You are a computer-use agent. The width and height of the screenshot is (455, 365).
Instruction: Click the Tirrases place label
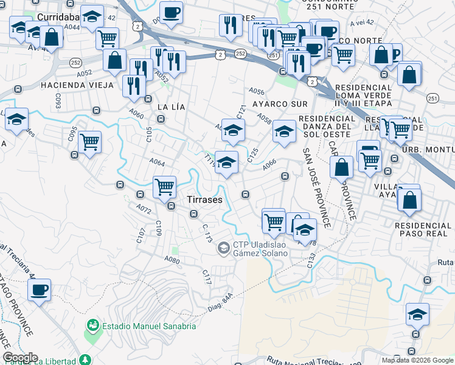pyautogui.click(x=204, y=200)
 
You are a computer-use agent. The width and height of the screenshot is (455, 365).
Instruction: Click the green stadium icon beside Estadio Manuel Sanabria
pyautogui.click(x=93, y=326)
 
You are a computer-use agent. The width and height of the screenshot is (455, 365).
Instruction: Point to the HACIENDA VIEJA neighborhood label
pyautogui.click(x=77, y=85)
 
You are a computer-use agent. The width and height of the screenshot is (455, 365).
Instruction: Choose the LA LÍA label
pyautogui.click(x=170, y=106)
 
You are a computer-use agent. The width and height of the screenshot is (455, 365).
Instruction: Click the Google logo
pyautogui.click(x=20, y=358)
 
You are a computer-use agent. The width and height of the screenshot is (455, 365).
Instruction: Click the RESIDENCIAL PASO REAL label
pyautogui.click(x=423, y=229)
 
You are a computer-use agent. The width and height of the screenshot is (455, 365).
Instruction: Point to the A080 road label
pyautogui.click(x=172, y=260)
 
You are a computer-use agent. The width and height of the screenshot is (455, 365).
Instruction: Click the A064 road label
pyautogui.click(x=157, y=162)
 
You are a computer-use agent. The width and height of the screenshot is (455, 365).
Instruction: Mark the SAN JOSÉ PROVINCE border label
pyautogui.click(x=317, y=189)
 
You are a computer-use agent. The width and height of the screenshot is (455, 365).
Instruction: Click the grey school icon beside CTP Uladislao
pyautogui.click(x=223, y=248)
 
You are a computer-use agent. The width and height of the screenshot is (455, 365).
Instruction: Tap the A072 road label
pyautogui.click(x=144, y=209)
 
